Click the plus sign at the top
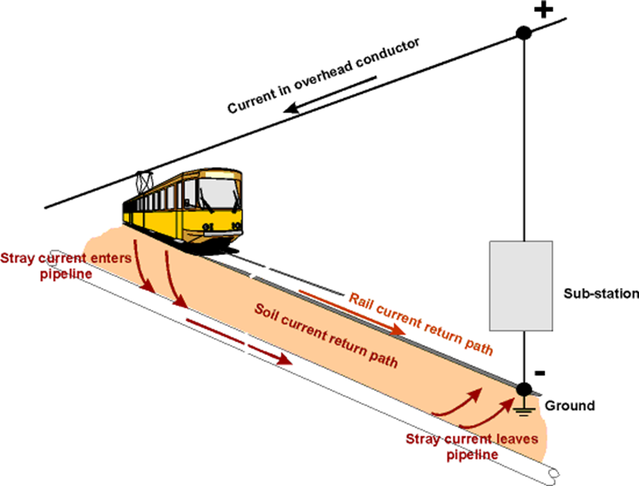click(x=545, y=11)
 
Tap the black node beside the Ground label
click(x=523, y=388)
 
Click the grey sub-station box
click(x=521, y=285)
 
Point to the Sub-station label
click(x=600, y=294)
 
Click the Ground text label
click(x=569, y=406)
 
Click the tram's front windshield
click(x=218, y=192)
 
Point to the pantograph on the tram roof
click(x=145, y=180)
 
